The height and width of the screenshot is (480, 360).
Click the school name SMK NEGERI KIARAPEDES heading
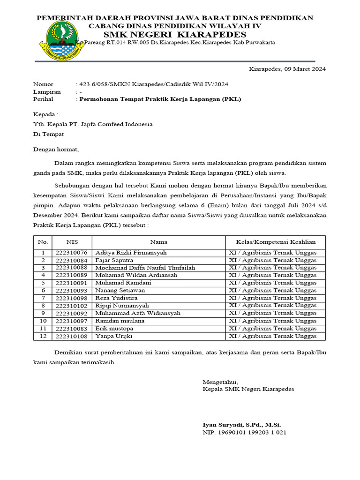point(175,35)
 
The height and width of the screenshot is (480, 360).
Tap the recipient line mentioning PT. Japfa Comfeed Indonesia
point(92,124)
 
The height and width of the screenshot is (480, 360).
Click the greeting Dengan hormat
point(56,150)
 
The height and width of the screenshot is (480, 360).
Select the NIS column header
point(72,242)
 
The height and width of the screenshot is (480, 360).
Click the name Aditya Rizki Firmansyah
point(130,253)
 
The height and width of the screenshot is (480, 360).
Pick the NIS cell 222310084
point(72,260)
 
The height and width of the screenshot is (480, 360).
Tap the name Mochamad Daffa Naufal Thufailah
point(145,268)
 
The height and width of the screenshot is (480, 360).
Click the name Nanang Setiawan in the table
point(120,290)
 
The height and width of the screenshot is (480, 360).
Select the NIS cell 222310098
point(72,298)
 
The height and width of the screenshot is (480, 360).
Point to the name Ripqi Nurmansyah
point(122,306)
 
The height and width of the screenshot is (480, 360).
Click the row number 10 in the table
point(43,321)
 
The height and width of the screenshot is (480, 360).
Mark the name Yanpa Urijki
point(114,336)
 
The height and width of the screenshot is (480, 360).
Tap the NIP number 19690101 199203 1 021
point(244,432)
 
